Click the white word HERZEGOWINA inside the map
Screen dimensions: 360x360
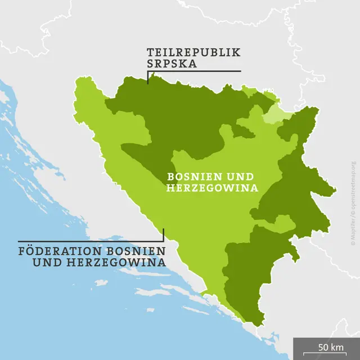click(x=212, y=188)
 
